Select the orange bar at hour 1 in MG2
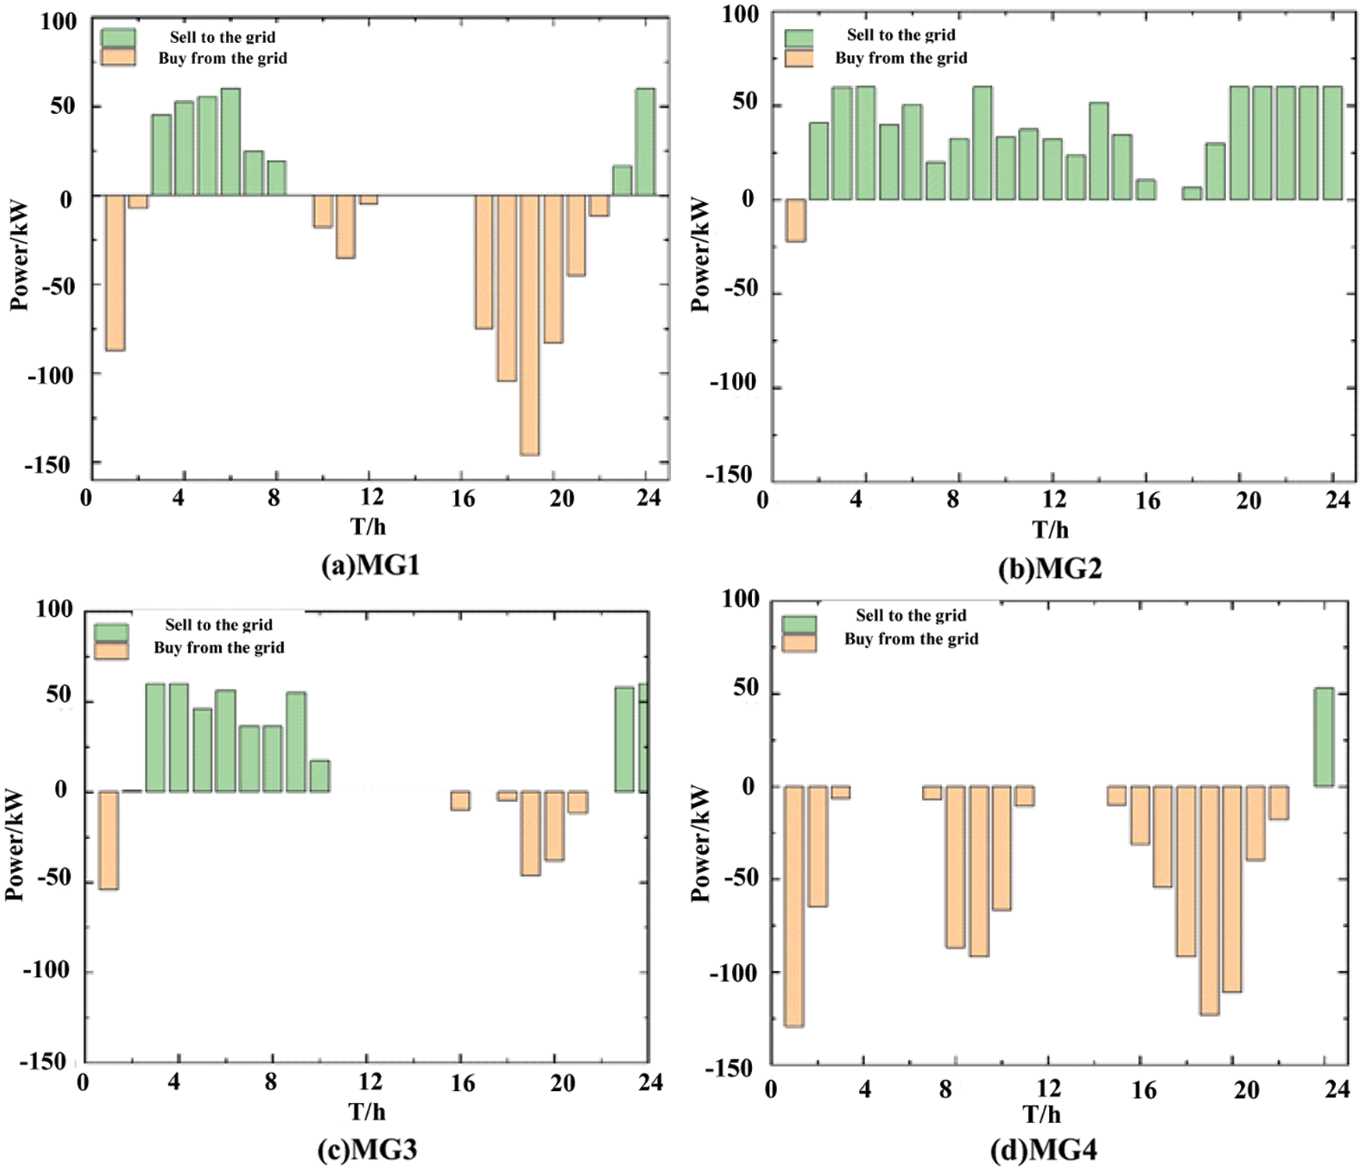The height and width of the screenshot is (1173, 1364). point(796,220)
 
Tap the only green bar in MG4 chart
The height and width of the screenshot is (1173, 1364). point(1323,737)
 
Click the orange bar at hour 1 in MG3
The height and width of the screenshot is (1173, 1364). point(108,840)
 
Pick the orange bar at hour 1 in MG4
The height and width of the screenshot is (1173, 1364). point(793,905)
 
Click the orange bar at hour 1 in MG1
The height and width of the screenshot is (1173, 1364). point(115,272)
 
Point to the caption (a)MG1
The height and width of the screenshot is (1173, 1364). point(370,565)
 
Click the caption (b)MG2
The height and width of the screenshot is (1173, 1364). point(1050,569)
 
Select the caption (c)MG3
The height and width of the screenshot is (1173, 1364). point(367,1149)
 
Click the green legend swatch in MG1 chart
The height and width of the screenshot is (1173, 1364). point(118,37)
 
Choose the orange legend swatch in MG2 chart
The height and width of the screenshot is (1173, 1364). point(799,58)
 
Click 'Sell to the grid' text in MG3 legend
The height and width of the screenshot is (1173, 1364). point(219,625)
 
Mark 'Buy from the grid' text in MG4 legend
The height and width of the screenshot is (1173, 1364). point(911,640)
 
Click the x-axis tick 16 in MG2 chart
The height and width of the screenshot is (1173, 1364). point(1147,501)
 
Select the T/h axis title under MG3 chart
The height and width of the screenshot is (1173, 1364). point(367,1111)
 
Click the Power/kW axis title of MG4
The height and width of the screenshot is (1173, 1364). point(701,844)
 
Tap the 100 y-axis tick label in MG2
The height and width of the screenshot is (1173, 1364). point(740,14)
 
